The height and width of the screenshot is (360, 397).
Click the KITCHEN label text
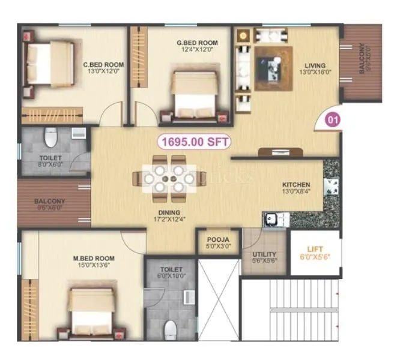296,185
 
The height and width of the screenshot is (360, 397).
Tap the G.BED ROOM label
197,43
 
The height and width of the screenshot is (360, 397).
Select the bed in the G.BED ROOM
193,94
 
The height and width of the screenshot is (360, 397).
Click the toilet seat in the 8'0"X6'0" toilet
50,141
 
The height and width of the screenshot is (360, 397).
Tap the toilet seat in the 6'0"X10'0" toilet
171,329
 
